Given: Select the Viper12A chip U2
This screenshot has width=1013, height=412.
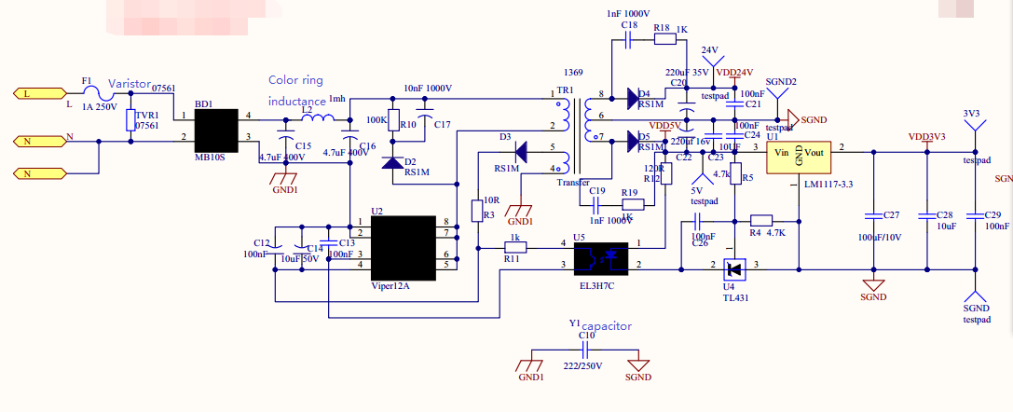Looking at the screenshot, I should [402, 248].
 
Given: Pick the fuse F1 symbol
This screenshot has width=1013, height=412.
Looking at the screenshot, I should [90, 93].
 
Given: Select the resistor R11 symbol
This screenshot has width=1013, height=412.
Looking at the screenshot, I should [513, 248].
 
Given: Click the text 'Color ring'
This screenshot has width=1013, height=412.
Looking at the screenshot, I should [296, 80].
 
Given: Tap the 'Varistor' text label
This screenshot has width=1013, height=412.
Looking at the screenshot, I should [129, 84].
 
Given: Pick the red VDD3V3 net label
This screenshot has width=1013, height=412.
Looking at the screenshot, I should [926, 137].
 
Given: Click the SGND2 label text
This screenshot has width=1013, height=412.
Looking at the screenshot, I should [781, 82].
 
